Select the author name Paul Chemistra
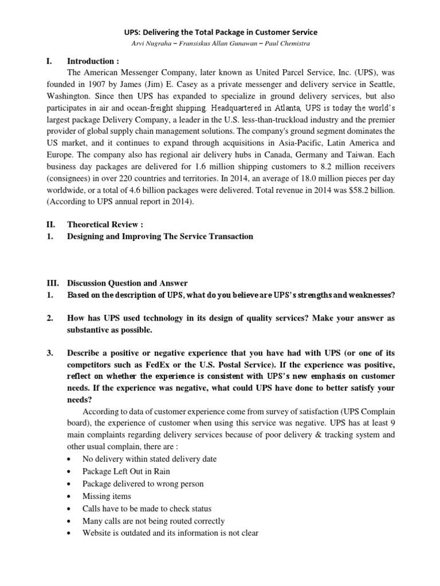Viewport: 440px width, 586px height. click(289, 45)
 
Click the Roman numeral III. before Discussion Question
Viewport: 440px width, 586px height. click(52, 283)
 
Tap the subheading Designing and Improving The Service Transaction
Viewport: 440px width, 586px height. click(160, 236)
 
